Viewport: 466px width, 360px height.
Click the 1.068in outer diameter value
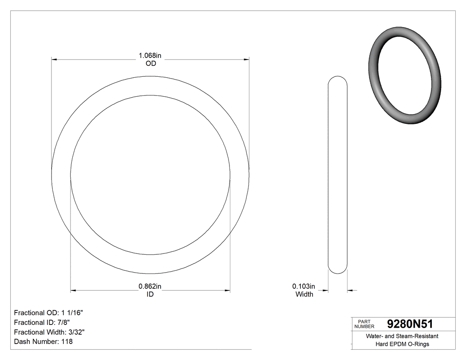[x=150, y=55]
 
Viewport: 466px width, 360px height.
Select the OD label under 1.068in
[x=151, y=63]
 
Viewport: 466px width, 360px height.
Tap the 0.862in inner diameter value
[x=150, y=286]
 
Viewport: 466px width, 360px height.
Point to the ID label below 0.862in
[x=150, y=294]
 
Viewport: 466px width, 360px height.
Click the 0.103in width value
[x=304, y=286]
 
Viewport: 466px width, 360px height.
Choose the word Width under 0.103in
[x=304, y=294]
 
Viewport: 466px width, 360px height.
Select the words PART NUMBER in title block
[x=364, y=324]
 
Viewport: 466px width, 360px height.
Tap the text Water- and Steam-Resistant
[x=402, y=336]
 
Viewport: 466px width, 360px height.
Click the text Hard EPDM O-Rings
[x=402, y=344]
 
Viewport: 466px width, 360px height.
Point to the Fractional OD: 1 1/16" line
[x=49, y=313]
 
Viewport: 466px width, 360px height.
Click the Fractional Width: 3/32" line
[x=50, y=332]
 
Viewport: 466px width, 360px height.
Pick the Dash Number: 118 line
[x=43, y=342]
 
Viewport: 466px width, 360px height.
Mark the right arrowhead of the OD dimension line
[x=245, y=59]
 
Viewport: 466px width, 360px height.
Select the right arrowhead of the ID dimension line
[x=227, y=291]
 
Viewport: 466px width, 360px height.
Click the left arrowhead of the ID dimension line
[x=74, y=291]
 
